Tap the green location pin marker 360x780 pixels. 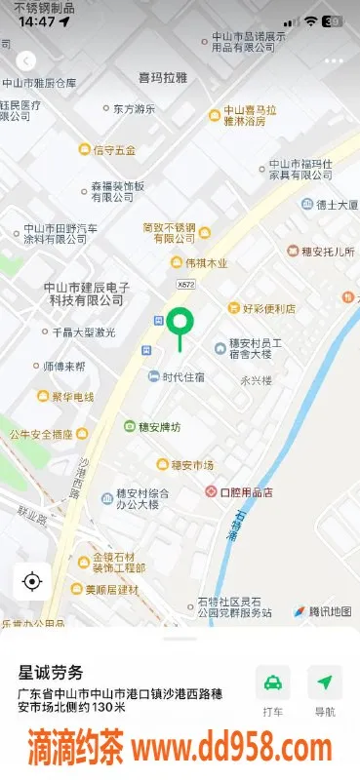point(179,324)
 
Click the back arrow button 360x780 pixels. point(26,60)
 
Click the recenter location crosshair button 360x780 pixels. point(31,582)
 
